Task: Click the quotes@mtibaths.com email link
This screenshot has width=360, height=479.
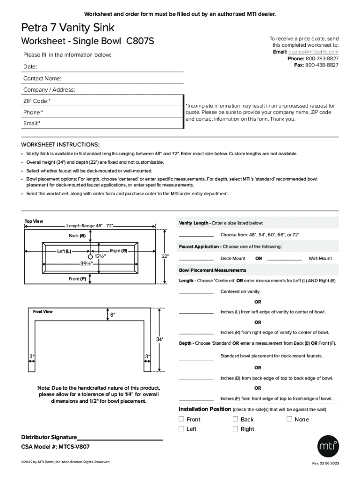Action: click(x=313, y=52)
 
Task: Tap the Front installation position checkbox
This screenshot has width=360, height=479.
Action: click(x=181, y=419)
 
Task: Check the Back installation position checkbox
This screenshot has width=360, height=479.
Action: click(x=236, y=419)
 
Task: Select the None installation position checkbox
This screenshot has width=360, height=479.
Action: click(x=289, y=419)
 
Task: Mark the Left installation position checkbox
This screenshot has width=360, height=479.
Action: click(x=181, y=428)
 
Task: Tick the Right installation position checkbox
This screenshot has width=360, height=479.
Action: click(x=236, y=428)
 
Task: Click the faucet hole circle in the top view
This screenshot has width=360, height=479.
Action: click(x=90, y=256)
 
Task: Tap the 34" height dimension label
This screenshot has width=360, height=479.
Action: click(x=159, y=339)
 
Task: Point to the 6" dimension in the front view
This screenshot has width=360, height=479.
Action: click(x=112, y=315)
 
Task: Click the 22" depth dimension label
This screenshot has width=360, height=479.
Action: click(x=165, y=256)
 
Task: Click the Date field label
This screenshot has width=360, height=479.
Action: click(x=30, y=67)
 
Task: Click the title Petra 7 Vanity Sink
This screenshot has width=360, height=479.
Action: click(x=68, y=28)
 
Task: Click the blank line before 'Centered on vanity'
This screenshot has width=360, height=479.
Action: click(x=196, y=292)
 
